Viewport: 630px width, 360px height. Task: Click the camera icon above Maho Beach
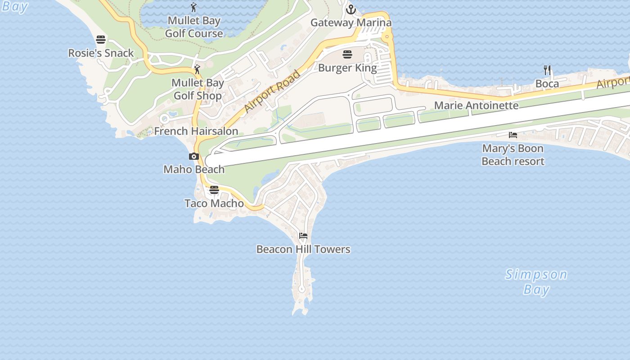(194, 157)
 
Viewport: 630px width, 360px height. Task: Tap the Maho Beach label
(194, 170)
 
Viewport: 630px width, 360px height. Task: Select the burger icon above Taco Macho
(214, 190)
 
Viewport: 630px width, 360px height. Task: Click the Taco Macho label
(214, 203)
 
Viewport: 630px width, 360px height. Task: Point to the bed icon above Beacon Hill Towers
(303, 236)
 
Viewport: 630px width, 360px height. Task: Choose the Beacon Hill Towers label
(303, 249)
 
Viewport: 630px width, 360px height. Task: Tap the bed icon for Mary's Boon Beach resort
(513, 135)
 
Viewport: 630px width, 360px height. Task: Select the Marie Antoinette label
(476, 106)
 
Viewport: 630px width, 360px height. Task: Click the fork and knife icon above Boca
(547, 70)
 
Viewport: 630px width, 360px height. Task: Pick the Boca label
(547, 84)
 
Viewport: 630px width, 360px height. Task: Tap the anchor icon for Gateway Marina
(351, 9)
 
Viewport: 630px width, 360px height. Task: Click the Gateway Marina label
(351, 23)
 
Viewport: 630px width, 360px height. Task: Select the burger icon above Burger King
(347, 55)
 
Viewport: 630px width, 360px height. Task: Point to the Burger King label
(347, 68)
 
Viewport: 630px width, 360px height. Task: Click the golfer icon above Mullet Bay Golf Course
(194, 7)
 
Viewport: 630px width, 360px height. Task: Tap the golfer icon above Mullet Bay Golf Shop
(197, 69)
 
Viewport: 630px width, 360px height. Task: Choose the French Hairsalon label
(196, 131)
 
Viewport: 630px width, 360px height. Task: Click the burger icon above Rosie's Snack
(101, 40)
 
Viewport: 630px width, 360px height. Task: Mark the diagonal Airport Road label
(272, 91)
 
